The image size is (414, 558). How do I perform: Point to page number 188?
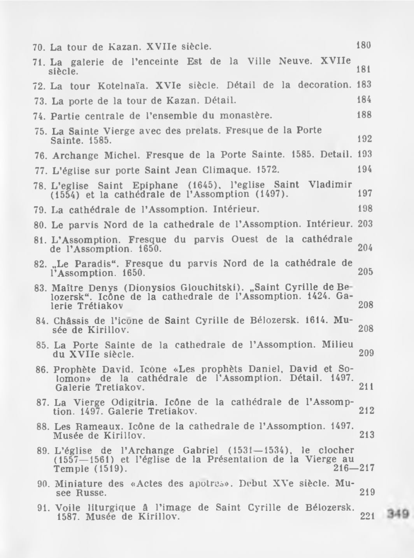(364, 115)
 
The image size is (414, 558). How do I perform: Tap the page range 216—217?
(354, 468)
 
